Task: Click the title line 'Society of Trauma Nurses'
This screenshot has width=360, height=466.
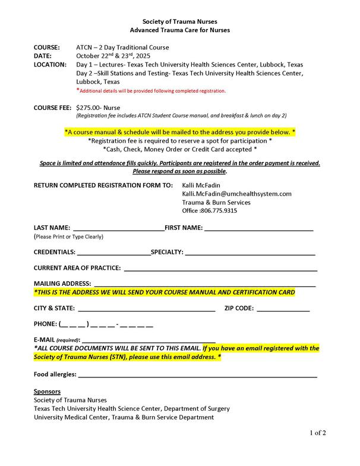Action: click(x=179, y=21)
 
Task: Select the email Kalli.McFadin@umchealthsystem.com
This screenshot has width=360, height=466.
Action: click(x=236, y=194)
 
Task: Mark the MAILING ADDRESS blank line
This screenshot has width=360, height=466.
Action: click(x=204, y=285)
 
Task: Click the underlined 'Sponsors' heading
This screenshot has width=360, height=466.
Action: click(x=47, y=392)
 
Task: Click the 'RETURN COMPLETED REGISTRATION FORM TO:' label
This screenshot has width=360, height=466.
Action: click(x=103, y=185)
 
